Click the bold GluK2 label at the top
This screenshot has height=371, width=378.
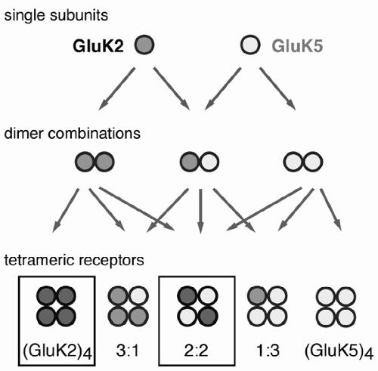[x=98, y=46]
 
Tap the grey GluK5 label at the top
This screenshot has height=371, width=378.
[x=297, y=46]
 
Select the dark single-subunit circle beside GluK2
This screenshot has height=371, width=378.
[x=144, y=45]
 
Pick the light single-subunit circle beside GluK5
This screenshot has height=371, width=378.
[x=250, y=45]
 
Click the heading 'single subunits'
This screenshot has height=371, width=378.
[x=56, y=15]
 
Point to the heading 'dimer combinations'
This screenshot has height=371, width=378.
[x=73, y=133]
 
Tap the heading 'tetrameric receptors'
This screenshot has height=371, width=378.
[x=74, y=260]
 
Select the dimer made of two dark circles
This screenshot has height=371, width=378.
[x=94, y=162]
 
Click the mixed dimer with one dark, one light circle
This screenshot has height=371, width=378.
[x=200, y=162]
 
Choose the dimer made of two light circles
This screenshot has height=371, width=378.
[x=303, y=162]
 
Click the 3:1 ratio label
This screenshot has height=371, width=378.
[x=128, y=350]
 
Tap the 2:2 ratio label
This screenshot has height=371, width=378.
[x=196, y=350]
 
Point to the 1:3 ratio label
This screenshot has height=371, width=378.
[x=268, y=350]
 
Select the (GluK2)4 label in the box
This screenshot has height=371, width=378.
[x=57, y=351]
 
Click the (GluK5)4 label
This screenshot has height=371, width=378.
[x=339, y=351]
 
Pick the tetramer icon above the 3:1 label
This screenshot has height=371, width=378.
[x=128, y=306]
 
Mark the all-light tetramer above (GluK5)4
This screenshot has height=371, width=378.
[x=336, y=306]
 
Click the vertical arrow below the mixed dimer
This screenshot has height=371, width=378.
[x=200, y=211]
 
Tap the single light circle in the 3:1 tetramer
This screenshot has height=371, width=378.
[x=138, y=296]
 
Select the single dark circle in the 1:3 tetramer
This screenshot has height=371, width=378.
[x=257, y=296]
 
